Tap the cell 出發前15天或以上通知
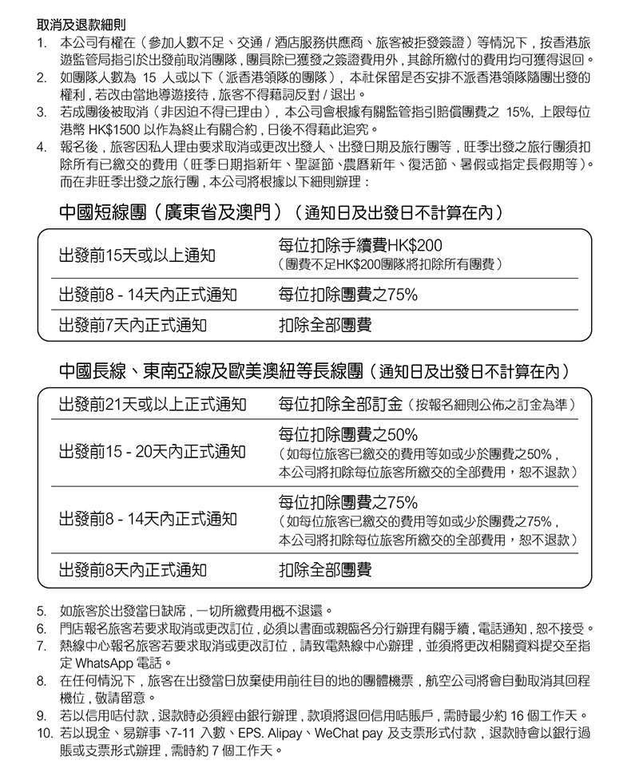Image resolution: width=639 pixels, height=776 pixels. pos(137,255)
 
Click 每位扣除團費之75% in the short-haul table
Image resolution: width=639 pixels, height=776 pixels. pos(347,295)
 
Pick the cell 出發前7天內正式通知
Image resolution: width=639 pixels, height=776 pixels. pos(132,325)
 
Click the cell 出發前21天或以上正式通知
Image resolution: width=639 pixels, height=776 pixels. pos(152,405)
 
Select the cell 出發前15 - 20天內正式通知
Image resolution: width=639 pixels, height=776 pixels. pos(152,452)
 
